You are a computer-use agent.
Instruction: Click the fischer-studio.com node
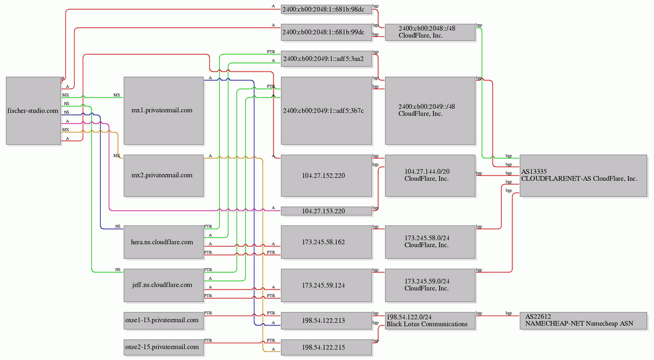pyautogui.click(x=34, y=110)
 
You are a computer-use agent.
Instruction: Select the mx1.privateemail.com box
pyautogui.click(x=164, y=110)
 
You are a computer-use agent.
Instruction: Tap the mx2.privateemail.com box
pyautogui.click(x=164, y=176)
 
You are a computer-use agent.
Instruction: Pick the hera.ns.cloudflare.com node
pyautogui.click(x=164, y=242)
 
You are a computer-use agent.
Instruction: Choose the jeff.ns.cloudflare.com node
pyautogui.click(x=164, y=285)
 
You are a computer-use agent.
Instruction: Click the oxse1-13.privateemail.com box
pyautogui.click(x=164, y=320)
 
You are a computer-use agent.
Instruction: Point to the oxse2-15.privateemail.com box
pyautogui.click(x=164, y=347)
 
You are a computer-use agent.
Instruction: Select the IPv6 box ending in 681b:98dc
pyautogui.click(x=326, y=9)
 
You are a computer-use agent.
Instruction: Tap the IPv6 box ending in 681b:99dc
pyautogui.click(x=326, y=32)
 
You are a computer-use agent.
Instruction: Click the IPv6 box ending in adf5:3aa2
pyautogui.click(x=326, y=59)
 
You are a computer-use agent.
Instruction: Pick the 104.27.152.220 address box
pyautogui.click(x=326, y=176)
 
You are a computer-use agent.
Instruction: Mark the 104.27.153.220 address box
pyautogui.click(x=326, y=211)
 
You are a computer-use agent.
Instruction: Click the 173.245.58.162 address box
pyautogui.click(x=326, y=242)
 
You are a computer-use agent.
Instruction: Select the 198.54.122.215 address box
pyautogui.click(x=326, y=347)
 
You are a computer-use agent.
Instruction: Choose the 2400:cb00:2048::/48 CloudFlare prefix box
pyautogui.click(x=430, y=32)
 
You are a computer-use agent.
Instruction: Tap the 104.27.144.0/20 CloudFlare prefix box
pyautogui.click(x=430, y=176)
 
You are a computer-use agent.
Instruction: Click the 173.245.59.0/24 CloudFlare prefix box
pyautogui.click(x=430, y=285)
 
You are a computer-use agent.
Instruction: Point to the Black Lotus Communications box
pyautogui.click(x=430, y=320)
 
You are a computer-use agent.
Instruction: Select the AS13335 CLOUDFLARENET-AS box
pyautogui.click(x=583, y=176)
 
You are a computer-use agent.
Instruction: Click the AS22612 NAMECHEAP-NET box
pyautogui.click(x=583, y=320)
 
